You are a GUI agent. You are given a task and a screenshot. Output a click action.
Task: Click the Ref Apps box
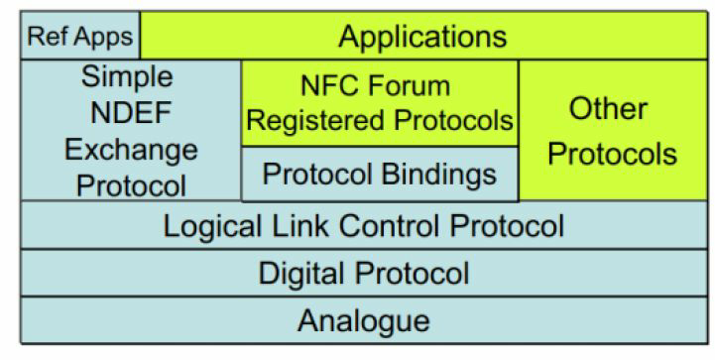click(80, 37)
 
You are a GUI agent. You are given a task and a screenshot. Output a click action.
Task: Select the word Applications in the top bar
click(422, 37)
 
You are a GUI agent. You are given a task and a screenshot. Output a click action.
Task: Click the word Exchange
click(130, 150)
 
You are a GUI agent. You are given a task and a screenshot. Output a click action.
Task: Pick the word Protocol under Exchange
click(130, 184)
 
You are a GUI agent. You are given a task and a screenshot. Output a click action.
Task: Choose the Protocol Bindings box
click(379, 175)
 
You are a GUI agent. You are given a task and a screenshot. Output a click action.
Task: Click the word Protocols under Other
click(613, 154)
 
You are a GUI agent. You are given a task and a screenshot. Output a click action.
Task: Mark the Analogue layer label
click(363, 321)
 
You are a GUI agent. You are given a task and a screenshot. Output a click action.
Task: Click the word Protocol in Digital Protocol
click(411, 273)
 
